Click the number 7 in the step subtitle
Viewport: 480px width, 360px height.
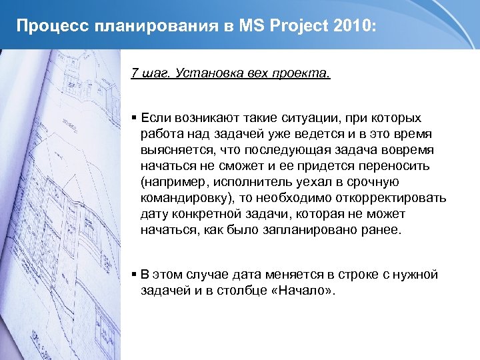[x=135, y=73]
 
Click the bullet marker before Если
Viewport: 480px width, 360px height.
[x=135, y=118]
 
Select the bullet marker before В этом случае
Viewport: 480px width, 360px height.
[x=135, y=275]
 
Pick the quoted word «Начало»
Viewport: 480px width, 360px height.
[x=301, y=291]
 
